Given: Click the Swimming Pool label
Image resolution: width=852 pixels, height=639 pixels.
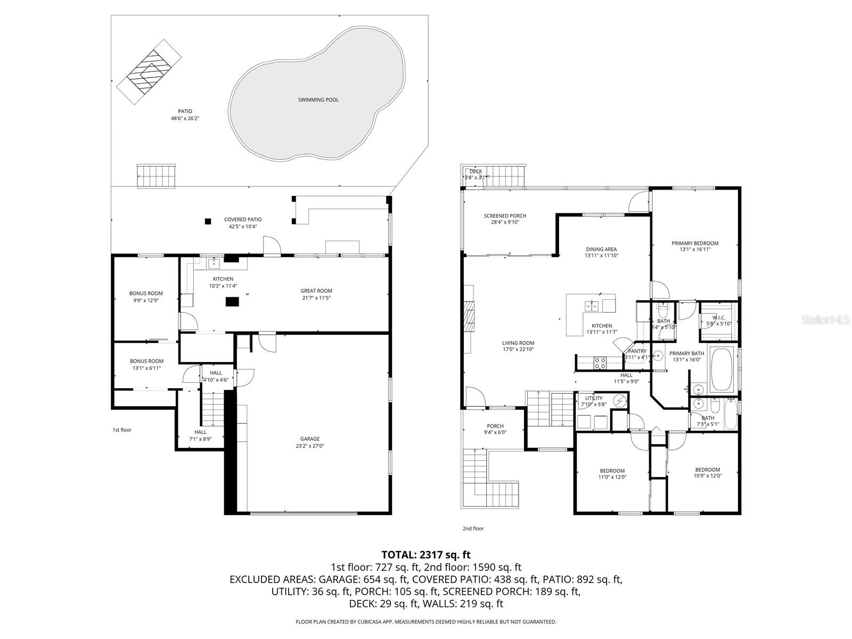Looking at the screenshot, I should (x=318, y=100).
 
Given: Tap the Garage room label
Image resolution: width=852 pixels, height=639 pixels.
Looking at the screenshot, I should (x=309, y=439).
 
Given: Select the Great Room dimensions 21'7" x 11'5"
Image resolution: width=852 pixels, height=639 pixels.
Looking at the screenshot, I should (x=316, y=298).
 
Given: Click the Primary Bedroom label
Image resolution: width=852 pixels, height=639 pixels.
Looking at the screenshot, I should (x=694, y=243).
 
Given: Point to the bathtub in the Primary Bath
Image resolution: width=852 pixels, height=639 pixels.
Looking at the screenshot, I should (x=722, y=371).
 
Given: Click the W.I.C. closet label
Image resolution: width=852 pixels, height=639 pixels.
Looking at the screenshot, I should (x=718, y=317).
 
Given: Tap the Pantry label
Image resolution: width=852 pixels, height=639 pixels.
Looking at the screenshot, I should (x=637, y=351).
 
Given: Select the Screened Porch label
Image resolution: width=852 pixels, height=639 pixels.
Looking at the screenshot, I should (x=505, y=216).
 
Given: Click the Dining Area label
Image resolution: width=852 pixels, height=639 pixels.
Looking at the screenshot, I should (x=601, y=249).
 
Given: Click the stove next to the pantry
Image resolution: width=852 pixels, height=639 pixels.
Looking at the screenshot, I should (x=600, y=363).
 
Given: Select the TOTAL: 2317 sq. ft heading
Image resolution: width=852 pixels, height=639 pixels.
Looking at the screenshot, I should (x=425, y=555).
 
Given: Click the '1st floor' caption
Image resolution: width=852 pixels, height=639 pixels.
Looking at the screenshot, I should (x=121, y=430).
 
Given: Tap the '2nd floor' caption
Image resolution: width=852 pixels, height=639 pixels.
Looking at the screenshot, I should (x=473, y=529).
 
